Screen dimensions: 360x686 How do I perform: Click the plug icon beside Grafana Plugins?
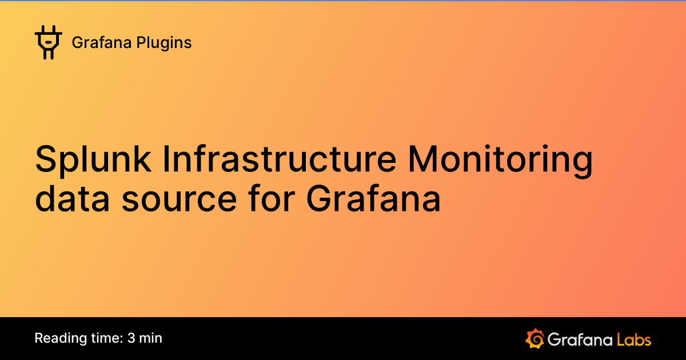48,42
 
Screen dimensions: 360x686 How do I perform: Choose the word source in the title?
179,199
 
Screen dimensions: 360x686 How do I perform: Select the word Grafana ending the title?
373,199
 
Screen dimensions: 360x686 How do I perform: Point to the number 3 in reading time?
132,338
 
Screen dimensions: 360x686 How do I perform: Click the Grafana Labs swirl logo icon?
535,338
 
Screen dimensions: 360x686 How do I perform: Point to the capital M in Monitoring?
425,161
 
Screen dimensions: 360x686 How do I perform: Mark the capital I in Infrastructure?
166,161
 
